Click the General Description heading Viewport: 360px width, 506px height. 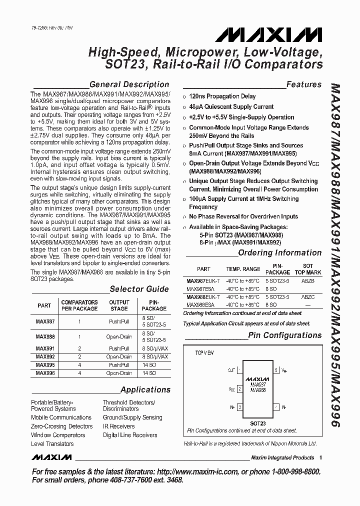[x=129, y=84]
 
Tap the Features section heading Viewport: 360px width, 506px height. [x=303, y=84]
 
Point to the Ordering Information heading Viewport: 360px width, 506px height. [x=279, y=253]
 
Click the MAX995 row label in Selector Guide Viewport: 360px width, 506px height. [x=45, y=365]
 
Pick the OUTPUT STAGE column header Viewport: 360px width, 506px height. [x=119, y=305]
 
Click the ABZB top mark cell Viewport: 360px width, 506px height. [x=308, y=281]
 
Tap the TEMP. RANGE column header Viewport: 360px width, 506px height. [x=243, y=269]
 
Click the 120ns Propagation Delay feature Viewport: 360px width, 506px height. [x=222, y=96]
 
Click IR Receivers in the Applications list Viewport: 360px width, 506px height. [x=118, y=426]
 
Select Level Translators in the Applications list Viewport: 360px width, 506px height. [x=52, y=444]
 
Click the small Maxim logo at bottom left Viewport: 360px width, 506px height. [x=51, y=457]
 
